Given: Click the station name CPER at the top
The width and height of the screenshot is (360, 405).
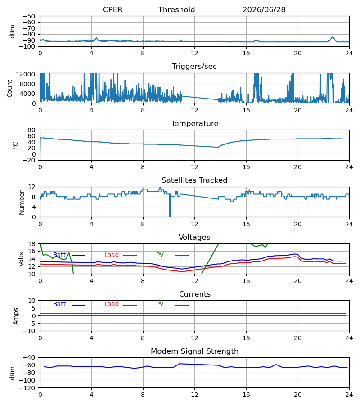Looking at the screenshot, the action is click(112, 9).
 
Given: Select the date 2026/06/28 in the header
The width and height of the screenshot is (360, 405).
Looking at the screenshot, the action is click(264, 9).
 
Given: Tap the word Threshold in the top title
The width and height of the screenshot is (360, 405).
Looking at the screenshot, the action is click(177, 9).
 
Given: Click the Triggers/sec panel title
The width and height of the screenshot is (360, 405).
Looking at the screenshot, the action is click(194, 67).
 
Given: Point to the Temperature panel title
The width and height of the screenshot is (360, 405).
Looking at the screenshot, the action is click(194, 123).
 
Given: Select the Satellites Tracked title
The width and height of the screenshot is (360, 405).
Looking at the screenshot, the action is click(194, 180).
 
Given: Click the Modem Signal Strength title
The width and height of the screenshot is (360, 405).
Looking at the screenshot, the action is click(194, 351).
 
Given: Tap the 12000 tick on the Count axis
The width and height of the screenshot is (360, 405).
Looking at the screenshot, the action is click(26, 74).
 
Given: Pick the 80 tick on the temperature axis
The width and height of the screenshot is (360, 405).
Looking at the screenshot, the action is click(31, 130).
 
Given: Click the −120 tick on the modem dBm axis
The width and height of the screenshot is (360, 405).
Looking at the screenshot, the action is click(27, 388).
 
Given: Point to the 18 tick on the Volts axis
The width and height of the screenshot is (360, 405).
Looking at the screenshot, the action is click(32, 244).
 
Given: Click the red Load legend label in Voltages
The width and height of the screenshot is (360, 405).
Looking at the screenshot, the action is click(112, 255).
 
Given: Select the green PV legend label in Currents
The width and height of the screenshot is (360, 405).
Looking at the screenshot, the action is click(160, 304).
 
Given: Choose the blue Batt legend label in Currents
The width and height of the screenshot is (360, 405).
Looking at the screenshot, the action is click(59, 304).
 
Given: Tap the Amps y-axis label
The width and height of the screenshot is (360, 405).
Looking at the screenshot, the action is click(16, 316).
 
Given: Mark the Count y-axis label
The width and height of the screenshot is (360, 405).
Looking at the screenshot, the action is click(10, 88).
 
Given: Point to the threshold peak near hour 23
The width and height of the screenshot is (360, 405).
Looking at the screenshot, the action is click(333, 37).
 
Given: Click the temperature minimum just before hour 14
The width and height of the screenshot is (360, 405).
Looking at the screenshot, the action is click(218, 147).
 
